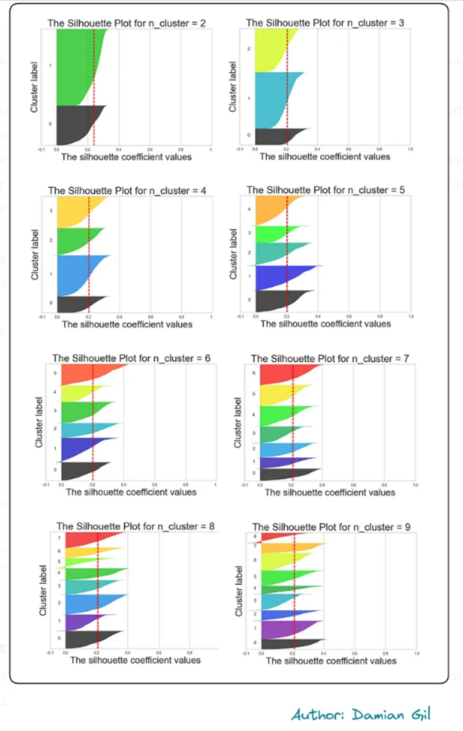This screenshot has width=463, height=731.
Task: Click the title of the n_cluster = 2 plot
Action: [126, 23]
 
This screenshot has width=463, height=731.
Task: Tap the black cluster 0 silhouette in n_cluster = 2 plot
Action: [74, 125]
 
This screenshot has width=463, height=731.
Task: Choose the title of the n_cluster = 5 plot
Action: [325, 190]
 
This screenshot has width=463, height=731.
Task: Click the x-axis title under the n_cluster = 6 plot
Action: [131, 492]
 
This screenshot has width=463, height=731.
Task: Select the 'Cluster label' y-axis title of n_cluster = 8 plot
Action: [43, 590]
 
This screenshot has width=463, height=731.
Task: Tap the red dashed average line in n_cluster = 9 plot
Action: [294, 579]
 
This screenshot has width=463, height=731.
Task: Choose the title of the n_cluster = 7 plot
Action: [330, 358]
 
